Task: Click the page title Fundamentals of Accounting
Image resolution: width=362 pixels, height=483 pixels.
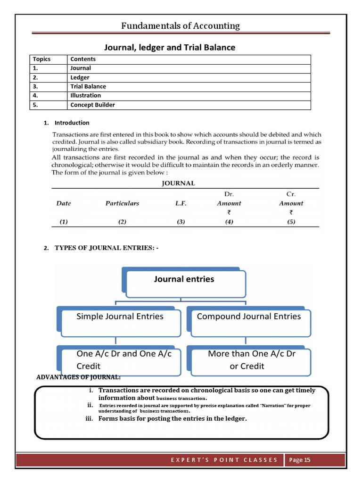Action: point(181,25)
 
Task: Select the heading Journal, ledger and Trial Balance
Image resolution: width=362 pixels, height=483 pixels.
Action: point(169,47)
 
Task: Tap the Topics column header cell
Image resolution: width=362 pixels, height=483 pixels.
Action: point(41,59)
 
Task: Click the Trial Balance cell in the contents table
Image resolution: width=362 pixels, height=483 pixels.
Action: point(88,86)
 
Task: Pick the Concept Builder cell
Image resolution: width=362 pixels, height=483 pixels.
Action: point(92,105)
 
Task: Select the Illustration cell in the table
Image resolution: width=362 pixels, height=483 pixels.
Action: point(85,95)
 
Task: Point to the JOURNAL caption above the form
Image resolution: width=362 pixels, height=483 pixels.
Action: point(179,183)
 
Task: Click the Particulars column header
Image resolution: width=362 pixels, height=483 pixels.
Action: point(122,203)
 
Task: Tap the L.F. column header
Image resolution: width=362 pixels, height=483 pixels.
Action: point(181,203)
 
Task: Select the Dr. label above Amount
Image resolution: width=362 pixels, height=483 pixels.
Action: point(229,194)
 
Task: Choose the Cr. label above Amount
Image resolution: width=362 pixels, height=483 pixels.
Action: point(291,194)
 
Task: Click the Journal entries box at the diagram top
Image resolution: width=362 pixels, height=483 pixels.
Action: point(184,279)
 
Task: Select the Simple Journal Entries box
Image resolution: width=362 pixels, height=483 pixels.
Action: point(120,317)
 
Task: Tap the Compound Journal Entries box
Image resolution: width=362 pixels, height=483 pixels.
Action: point(249,317)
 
